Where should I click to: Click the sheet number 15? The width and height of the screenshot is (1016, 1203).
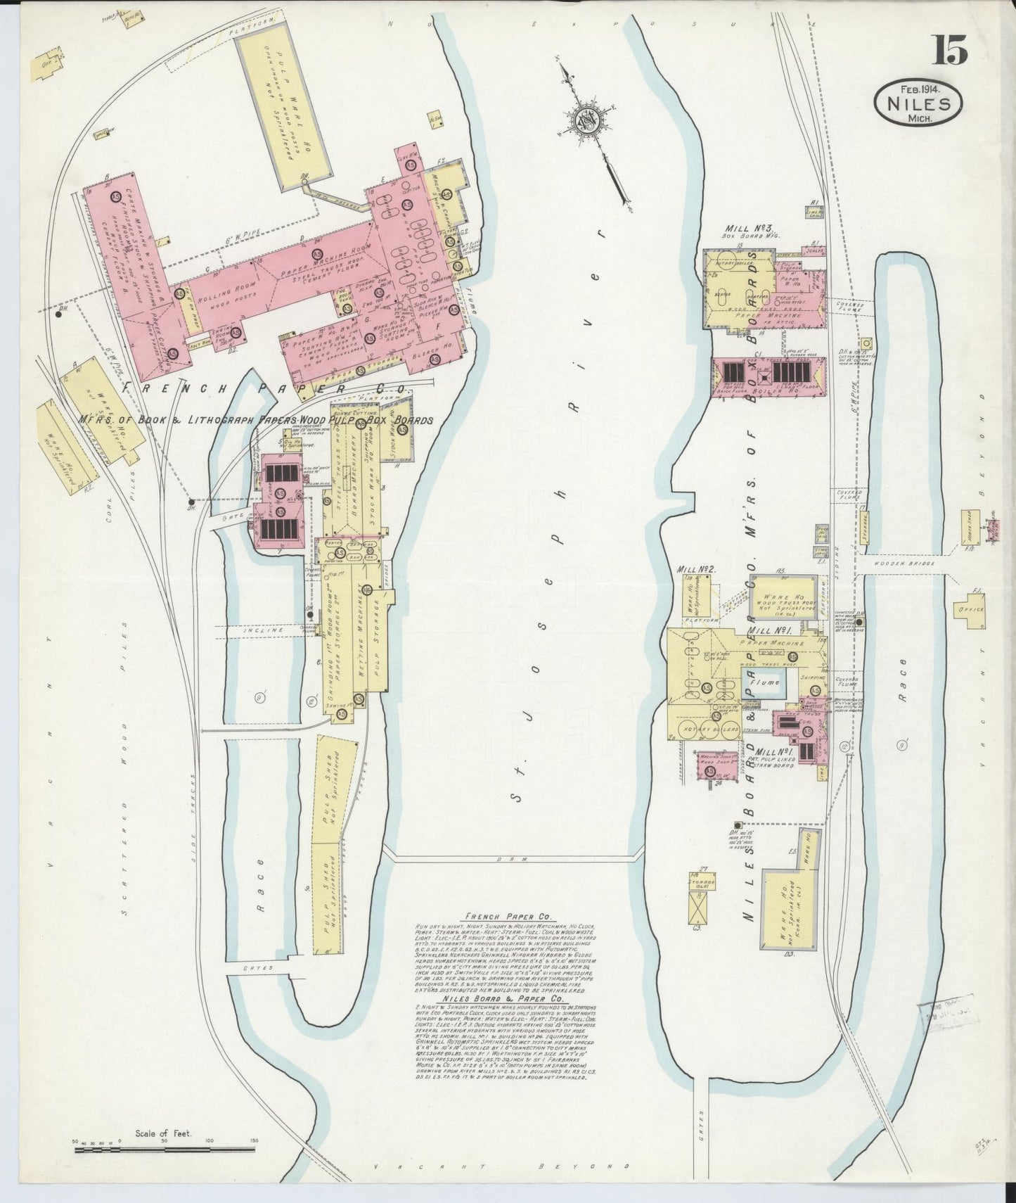950,51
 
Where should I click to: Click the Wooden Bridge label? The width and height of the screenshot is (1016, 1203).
911,564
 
